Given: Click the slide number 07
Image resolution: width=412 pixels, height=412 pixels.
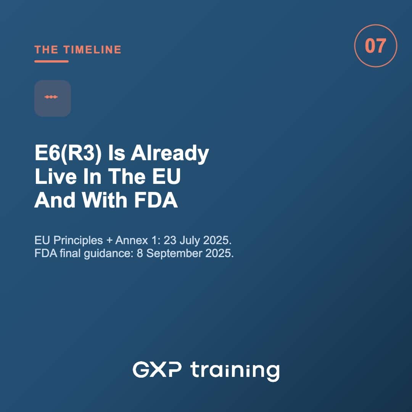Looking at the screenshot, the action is click(375, 46).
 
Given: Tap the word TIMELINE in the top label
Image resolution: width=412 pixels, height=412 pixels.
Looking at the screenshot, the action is click(92, 50).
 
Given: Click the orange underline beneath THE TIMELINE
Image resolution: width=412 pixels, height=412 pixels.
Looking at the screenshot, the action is click(51, 61).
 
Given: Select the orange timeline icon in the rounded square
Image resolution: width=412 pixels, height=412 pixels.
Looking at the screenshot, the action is click(51, 97).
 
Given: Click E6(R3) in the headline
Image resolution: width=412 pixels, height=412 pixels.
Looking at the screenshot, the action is click(68, 153).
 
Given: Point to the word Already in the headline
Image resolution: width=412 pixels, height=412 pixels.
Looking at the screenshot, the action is click(170, 153).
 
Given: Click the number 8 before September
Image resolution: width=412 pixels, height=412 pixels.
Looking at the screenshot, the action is click(140, 254).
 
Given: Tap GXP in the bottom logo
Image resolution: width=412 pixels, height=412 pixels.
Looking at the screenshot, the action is click(157, 369).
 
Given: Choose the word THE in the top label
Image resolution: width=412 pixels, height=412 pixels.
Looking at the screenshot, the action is click(46, 50).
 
